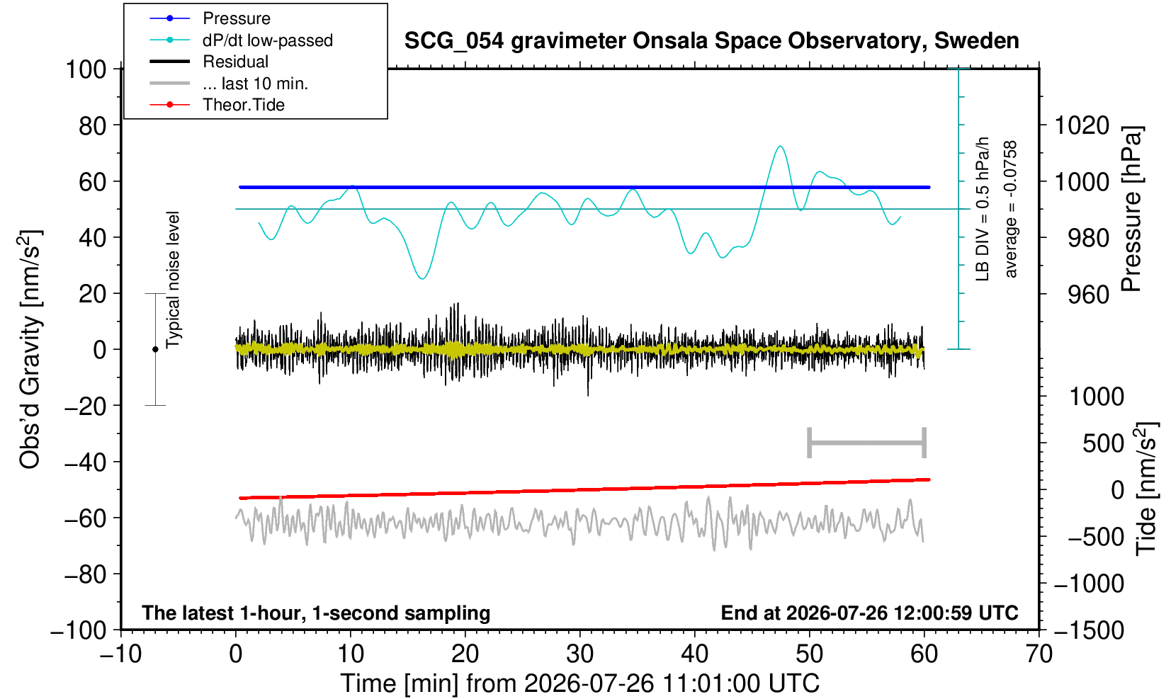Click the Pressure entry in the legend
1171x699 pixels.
tap(237, 18)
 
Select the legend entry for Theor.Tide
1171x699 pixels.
tap(244, 105)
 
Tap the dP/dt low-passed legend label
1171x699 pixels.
tap(268, 40)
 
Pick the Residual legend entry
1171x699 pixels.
tap(235, 62)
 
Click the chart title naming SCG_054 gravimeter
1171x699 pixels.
tap(711, 40)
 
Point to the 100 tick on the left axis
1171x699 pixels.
tap(86, 69)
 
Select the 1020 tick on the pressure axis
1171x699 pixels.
tap(1082, 125)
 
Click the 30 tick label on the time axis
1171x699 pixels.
tap(579, 654)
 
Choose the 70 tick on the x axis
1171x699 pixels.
tap(1039, 654)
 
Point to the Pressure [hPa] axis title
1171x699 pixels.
tap(1131, 209)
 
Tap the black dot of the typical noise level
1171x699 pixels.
tap(155, 349)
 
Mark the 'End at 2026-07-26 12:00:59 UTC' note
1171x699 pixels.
tap(869, 613)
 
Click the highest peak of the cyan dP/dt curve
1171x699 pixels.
tap(780, 147)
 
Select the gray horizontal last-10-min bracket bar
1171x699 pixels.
tap(867, 443)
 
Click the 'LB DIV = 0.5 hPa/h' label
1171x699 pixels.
tap(983, 209)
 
